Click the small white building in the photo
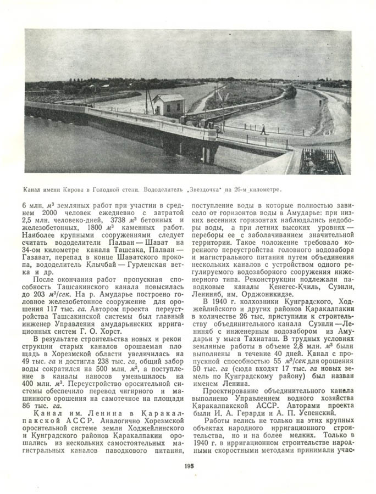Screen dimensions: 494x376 [168, 104]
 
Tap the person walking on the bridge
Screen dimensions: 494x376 [263, 130]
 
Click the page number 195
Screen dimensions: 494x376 [187, 465]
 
